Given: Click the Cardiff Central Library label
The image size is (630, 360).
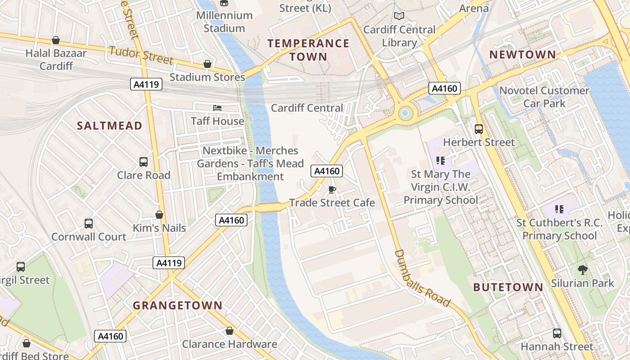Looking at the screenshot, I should pyautogui.click(x=399, y=36).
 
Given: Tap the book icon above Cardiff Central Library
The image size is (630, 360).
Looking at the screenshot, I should pyautogui.click(x=399, y=16).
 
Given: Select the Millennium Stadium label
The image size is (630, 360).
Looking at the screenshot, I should pyautogui.click(x=224, y=22).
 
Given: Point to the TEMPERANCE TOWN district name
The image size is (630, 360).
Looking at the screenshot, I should pyautogui.click(x=308, y=49).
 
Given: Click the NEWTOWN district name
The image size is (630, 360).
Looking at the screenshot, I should pyautogui.click(x=522, y=54).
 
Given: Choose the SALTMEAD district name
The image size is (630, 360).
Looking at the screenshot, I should pyautogui.click(x=109, y=126).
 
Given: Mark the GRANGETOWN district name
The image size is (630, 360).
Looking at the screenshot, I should pyautogui.click(x=177, y=306).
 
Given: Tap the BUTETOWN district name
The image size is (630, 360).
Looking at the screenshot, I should pyautogui.click(x=508, y=287).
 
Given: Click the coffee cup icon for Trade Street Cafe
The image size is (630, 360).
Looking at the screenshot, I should pyautogui.click(x=332, y=189).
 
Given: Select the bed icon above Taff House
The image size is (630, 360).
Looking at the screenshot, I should pyautogui.click(x=217, y=108).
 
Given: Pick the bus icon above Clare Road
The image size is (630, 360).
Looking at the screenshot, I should pyautogui.click(x=144, y=162).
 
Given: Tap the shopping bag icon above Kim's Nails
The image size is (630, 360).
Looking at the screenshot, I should pyautogui.click(x=159, y=215).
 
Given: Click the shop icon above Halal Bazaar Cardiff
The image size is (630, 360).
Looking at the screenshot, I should pyautogui.click(x=56, y=40).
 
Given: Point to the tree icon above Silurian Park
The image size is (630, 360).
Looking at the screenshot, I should pyautogui.click(x=583, y=270).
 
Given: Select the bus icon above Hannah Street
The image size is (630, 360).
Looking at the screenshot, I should pyautogui.click(x=557, y=333).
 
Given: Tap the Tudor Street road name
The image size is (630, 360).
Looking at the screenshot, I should pyautogui.click(x=141, y=54).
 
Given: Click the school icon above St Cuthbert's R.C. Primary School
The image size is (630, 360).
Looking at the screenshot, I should pyautogui.click(x=559, y=209).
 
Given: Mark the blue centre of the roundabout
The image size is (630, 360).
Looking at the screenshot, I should pyautogui.click(x=405, y=112).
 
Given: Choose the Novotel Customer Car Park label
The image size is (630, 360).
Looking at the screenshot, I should pyautogui.click(x=544, y=97).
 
